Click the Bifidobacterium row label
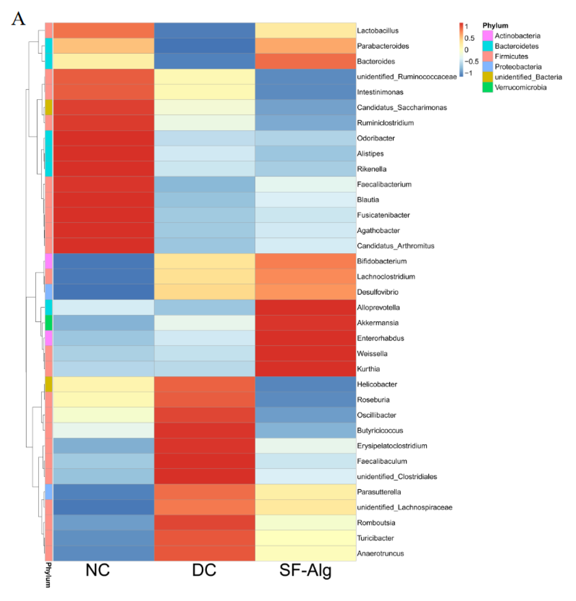[x=381, y=261]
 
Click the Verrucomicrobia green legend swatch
[x=487, y=87]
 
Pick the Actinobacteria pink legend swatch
[x=487, y=36]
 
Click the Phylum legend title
[x=495, y=25]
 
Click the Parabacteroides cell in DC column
[x=204, y=46]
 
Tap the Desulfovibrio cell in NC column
[x=103, y=292]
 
